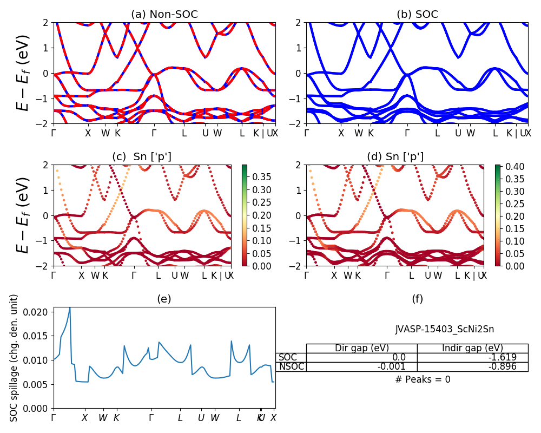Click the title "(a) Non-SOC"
point(164,15)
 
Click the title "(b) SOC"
point(417,15)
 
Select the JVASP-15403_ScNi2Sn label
point(444,329)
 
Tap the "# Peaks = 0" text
point(423,379)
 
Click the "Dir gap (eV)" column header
point(362,348)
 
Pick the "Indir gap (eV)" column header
point(472,348)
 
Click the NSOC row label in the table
point(291,366)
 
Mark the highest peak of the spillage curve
point(70,307)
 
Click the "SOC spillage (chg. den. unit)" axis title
point(15,358)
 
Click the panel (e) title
point(164,299)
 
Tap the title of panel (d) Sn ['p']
point(395,157)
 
